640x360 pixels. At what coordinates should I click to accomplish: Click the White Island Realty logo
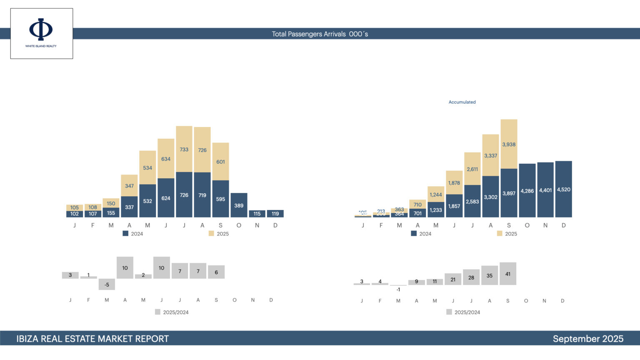(x=41, y=33)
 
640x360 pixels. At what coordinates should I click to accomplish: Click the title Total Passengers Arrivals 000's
(x=320, y=34)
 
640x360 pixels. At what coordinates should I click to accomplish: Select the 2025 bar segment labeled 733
(x=184, y=149)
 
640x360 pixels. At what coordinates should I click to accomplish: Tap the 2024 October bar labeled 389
(x=239, y=205)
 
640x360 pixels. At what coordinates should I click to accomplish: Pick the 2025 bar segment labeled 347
(x=129, y=185)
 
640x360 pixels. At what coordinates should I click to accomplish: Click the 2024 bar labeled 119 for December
(x=275, y=214)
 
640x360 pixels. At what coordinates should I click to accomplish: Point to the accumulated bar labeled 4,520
(x=563, y=189)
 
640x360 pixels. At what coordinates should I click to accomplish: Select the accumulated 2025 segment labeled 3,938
(x=509, y=144)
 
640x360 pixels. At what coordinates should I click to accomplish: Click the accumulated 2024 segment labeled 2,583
(x=472, y=201)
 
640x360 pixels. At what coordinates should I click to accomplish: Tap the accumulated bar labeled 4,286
(x=527, y=190)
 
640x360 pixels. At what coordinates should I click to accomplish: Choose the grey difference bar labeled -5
(x=107, y=284)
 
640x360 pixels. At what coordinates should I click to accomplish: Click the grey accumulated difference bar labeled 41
(x=507, y=274)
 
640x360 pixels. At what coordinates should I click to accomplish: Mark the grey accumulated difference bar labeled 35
(x=489, y=275)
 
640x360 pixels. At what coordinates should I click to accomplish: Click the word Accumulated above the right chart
(x=462, y=102)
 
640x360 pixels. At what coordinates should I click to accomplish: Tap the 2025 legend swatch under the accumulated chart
(x=500, y=234)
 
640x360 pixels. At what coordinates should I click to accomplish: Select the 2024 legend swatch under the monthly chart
(x=125, y=234)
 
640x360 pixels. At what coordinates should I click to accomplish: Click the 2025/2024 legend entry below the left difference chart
(x=172, y=312)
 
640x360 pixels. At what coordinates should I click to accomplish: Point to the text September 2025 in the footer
(x=588, y=339)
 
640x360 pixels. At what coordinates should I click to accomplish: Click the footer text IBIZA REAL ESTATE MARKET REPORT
(x=92, y=339)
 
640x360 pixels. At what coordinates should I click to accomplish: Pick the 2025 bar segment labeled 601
(x=220, y=162)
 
